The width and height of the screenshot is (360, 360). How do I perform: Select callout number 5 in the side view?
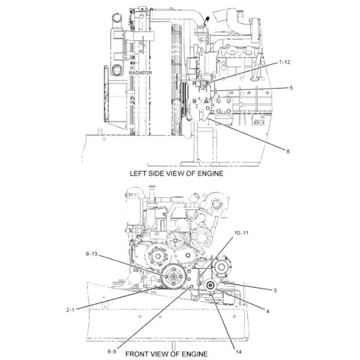[x=290, y=88]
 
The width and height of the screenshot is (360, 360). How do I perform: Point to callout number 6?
[x=288, y=151]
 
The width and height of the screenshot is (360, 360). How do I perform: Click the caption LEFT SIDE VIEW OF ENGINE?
[x=176, y=173]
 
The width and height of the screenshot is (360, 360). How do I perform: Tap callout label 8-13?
[x=92, y=254]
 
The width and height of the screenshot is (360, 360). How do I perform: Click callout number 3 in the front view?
[x=274, y=290]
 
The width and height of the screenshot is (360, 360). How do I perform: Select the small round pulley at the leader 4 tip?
[x=211, y=287]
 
